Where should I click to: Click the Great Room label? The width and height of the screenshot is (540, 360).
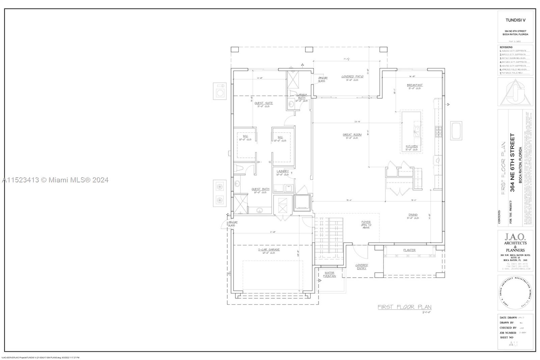tap(352, 135)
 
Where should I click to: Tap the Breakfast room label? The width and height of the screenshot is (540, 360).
tap(414, 85)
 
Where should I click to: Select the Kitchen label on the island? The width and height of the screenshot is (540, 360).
tap(411, 147)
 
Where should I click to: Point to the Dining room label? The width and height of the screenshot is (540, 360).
tap(413, 215)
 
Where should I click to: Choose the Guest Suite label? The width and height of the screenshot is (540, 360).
tap(264, 103)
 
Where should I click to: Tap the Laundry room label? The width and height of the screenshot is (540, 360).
tap(282, 172)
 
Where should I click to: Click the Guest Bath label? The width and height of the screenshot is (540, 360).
tap(260, 189)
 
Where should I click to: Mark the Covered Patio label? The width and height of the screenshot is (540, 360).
tap(352, 77)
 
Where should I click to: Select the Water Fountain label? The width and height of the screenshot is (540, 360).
tap(329, 275)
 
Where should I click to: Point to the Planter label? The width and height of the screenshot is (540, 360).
tap(409, 250)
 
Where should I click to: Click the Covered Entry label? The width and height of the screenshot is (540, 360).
tap(361, 267)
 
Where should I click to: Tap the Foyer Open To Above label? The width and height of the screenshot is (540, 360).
tap(366, 225)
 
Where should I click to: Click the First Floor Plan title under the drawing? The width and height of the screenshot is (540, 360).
tap(404, 307)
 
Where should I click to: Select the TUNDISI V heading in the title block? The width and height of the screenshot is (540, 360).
tap(515, 20)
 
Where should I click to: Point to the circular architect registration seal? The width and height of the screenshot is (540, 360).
tap(515, 293)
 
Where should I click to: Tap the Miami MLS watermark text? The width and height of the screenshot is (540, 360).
tap(55, 180)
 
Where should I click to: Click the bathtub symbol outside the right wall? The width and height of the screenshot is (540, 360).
tap(456, 130)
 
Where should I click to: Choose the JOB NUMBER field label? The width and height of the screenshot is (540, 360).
tap(508, 333)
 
